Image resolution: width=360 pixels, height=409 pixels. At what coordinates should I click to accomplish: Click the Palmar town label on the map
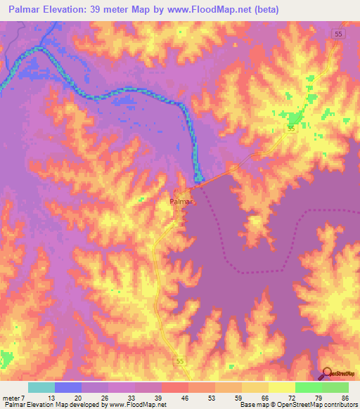181,201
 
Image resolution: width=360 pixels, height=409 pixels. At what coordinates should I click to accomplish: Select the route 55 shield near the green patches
290,129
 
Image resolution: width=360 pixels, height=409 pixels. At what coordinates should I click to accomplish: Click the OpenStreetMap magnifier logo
328,372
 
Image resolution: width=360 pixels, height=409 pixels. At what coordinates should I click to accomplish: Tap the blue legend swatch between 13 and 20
68,387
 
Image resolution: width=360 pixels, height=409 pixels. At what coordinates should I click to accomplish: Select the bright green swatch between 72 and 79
309,387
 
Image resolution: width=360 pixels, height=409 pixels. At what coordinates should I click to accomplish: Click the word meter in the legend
13,397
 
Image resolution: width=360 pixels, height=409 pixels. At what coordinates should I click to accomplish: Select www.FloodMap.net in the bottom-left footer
133,405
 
